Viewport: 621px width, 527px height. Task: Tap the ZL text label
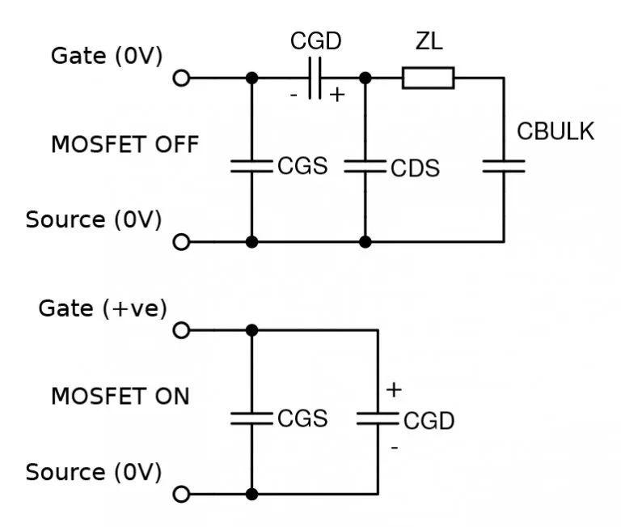coord(429,40)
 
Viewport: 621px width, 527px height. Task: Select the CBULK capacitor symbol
coord(504,166)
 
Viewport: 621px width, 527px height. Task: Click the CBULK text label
coord(556,131)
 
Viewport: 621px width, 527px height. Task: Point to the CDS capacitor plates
coord(365,166)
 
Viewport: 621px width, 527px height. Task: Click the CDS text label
coord(415,168)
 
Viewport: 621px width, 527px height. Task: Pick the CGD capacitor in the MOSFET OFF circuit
coord(315,78)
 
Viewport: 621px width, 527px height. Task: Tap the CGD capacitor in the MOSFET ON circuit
coord(378,419)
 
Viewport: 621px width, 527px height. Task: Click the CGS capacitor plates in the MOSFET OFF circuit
coord(252,166)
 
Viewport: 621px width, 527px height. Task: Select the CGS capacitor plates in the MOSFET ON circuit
coord(252,419)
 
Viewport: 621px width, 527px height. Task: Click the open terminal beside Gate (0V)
coord(181,78)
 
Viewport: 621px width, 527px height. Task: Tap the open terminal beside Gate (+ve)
coord(181,330)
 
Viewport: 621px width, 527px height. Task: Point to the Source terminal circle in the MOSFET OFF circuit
coord(181,242)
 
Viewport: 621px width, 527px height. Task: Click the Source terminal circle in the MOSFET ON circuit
coord(181,495)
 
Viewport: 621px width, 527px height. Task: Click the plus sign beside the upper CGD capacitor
coord(337,95)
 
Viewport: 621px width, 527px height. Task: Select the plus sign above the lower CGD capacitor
coord(394,390)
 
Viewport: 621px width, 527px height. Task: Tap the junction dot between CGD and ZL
coord(365,78)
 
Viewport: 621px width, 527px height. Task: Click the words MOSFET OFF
coord(125,144)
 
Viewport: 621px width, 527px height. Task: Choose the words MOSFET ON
coord(120,396)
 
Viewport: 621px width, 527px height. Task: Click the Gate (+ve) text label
coord(103,308)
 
